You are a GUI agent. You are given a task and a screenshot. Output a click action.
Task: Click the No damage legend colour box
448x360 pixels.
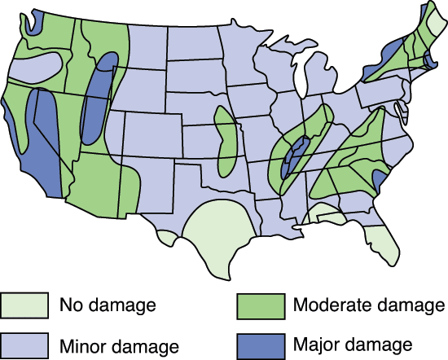[24, 306]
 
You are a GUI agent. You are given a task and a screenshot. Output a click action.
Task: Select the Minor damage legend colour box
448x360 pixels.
[24, 344]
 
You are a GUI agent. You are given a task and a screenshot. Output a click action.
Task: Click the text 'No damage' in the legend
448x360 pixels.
[107, 307]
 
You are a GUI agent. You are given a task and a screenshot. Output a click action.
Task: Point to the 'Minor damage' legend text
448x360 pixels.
[118, 345]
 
